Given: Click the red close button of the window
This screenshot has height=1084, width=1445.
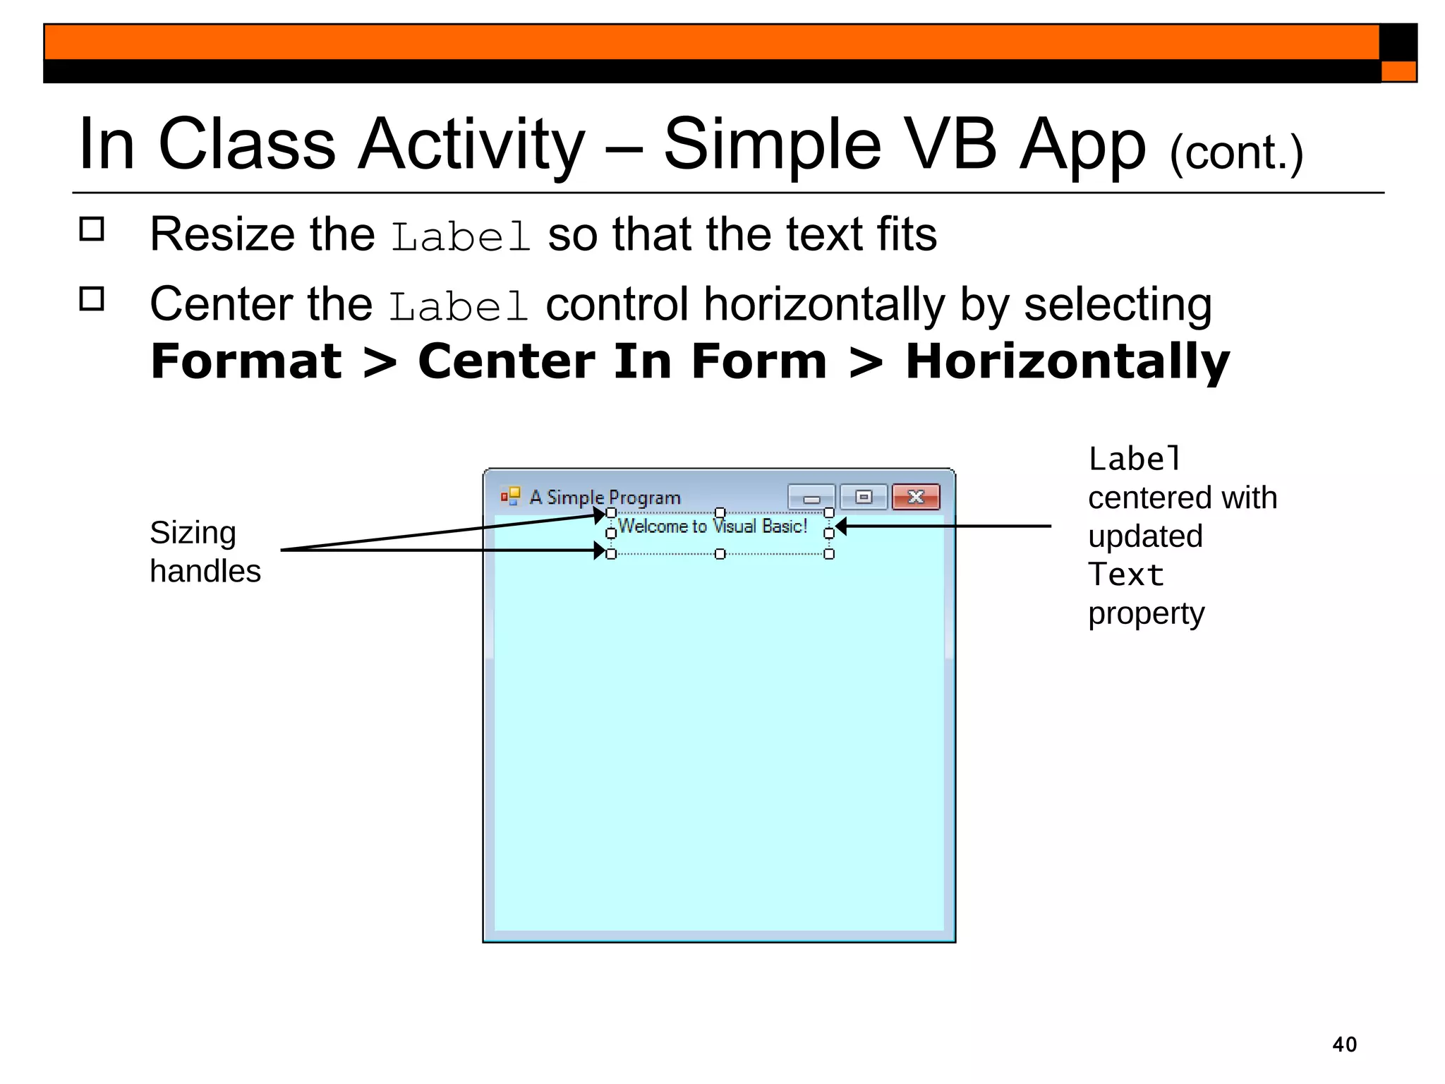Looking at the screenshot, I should coord(915,497).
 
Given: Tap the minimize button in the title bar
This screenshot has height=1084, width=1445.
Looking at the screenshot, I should coord(811,497).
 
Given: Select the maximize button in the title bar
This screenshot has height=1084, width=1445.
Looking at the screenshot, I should coord(864,497).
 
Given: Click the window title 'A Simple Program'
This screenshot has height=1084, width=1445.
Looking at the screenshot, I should coord(605,498).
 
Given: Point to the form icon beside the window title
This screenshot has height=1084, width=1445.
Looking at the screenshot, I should coord(510,496).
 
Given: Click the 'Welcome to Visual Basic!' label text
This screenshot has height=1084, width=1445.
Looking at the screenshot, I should coord(712,526).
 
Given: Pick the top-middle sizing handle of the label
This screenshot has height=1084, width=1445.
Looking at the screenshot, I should coord(720,513).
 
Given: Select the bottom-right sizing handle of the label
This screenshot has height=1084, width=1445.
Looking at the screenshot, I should coord(829,554).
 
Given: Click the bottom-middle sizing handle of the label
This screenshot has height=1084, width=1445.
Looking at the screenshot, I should coord(720,554).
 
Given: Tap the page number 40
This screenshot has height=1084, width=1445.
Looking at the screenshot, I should coord(1344,1044).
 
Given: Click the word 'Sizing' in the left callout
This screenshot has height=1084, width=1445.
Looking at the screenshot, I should coord(193,534).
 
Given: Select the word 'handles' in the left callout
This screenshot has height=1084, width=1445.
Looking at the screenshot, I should coord(205,572).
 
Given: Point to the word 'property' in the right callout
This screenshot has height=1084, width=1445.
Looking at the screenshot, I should coord(1146,614).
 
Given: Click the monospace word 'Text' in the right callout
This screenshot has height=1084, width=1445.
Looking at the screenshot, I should coord(1125,575).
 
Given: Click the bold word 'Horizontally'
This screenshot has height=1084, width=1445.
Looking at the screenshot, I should coord(1067,362).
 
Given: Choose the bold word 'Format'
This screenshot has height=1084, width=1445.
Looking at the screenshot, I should coord(246,362).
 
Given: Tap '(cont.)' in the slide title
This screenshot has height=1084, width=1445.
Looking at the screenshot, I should coord(1236,153).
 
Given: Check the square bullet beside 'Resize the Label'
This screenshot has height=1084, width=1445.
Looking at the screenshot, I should coord(92,229).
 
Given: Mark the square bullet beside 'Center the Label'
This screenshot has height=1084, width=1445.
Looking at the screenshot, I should coord(92,299).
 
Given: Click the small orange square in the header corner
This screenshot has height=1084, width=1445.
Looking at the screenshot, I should coord(1398,71).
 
